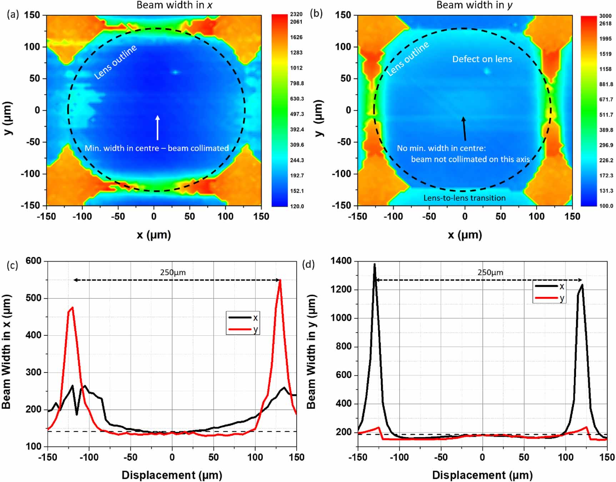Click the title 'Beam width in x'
click(174, 5)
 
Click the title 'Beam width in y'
click(474, 5)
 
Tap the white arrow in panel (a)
click(157, 127)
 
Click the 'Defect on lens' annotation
click(482, 59)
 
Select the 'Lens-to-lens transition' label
click(464, 198)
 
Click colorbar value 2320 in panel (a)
click(296, 14)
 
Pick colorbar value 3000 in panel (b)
click(605, 16)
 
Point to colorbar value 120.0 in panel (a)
click(297, 206)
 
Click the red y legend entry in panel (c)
click(243, 329)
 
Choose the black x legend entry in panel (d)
click(549, 286)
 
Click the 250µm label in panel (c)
click(173, 272)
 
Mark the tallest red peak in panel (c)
click(280, 280)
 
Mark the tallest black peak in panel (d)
click(374, 265)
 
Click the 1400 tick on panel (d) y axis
click(341, 261)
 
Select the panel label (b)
click(316, 14)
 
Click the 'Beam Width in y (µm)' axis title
click(311, 351)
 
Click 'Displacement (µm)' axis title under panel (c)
click(172, 475)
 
